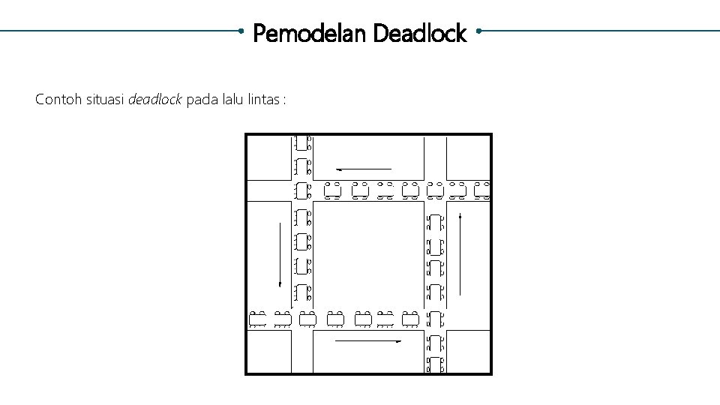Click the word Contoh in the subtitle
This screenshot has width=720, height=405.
57,99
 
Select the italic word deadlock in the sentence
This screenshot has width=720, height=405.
155,99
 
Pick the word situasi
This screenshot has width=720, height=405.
104,99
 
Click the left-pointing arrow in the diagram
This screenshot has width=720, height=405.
364,169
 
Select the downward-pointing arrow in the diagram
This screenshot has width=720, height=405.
280,255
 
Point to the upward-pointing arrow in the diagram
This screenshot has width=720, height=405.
459,255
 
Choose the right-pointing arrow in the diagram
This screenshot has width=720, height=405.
367,341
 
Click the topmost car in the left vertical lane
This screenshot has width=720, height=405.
302,142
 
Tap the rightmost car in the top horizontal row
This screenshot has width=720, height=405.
482,191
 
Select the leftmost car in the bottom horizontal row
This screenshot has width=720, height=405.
258,319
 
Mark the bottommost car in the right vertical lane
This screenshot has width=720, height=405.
435,366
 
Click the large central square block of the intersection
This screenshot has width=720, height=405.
365,255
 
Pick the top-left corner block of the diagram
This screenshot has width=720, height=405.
268,157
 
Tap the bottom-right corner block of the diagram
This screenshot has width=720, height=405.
469,352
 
